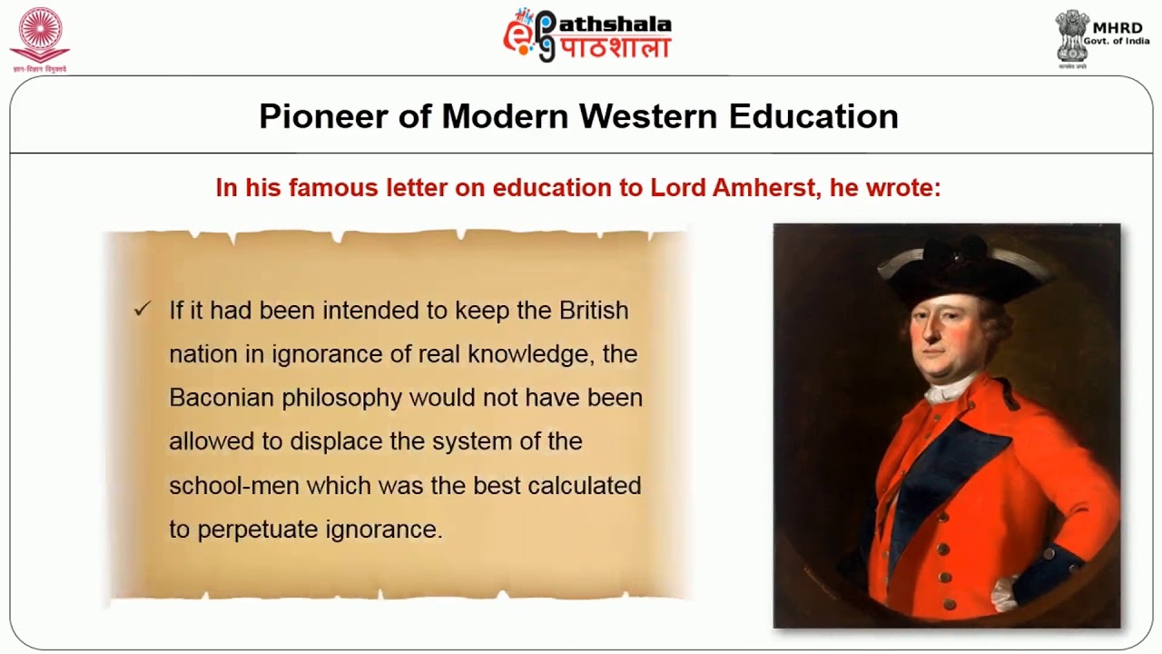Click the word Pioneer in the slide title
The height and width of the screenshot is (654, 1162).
pyautogui.click(x=321, y=116)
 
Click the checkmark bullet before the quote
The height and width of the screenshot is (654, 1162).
pyautogui.click(x=142, y=310)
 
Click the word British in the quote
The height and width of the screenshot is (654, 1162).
pyautogui.click(x=594, y=310)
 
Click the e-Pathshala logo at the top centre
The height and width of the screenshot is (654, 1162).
pyautogui.click(x=587, y=35)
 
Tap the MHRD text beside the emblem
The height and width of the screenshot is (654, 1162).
pyautogui.click(x=1118, y=28)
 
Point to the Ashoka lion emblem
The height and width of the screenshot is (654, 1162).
pyautogui.click(x=1072, y=35)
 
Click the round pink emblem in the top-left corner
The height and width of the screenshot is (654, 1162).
pyautogui.click(x=39, y=33)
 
